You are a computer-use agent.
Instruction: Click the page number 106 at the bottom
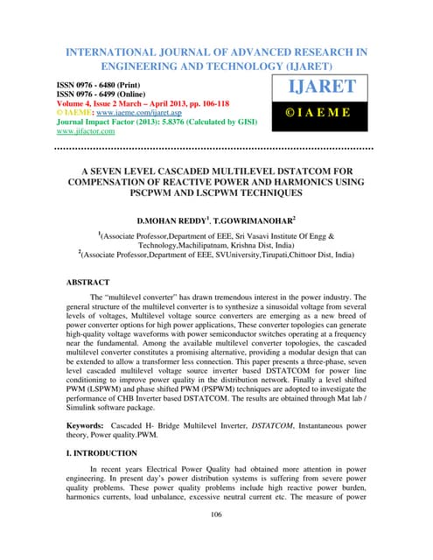pyautogui.click(x=216, y=539)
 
